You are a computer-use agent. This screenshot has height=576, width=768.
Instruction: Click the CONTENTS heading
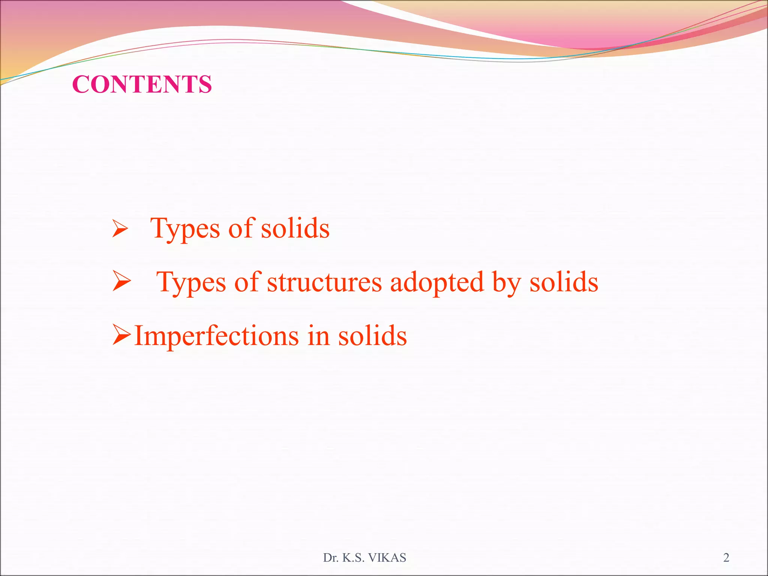point(142,84)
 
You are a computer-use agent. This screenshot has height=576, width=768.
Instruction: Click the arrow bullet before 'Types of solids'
point(120,229)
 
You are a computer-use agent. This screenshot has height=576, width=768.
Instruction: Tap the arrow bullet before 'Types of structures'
point(121,282)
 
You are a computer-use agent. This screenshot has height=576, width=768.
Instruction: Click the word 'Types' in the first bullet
point(185,229)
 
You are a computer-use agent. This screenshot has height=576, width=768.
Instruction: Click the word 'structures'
point(324,282)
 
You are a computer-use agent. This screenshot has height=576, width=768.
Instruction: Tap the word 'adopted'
point(437,282)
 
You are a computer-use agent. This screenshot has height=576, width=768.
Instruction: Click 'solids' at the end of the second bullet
point(564,282)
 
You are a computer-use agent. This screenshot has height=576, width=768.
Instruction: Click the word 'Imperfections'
point(216,336)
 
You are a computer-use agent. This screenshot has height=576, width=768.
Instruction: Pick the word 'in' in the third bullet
point(318,336)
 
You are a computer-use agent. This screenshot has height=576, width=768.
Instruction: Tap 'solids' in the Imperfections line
point(372,336)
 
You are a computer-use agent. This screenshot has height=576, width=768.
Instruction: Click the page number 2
point(726,558)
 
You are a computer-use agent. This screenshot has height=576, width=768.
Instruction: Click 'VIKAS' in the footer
point(387,558)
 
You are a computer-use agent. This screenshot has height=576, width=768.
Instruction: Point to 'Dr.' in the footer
point(331,558)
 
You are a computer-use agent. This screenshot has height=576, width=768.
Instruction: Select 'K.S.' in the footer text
point(354,558)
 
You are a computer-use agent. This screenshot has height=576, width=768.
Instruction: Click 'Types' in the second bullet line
point(191,282)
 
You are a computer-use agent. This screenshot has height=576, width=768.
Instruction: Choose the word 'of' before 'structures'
point(247,282)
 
